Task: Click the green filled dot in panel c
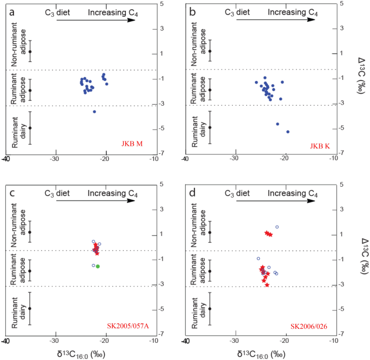point(98,266)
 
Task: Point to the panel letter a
point(7,7)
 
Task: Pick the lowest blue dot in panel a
point(95,112)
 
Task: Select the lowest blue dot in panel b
point(288,132)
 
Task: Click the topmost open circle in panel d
point(277,227)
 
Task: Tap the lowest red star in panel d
point(267,284)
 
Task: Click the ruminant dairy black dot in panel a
point(30,128)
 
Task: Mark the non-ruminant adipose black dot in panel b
point(210,51)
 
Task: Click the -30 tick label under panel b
point(234,159)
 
